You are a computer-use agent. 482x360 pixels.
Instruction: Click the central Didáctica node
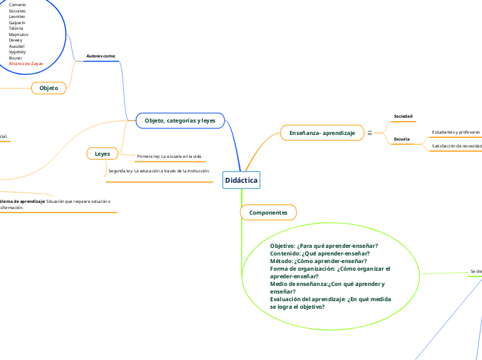point(241,180)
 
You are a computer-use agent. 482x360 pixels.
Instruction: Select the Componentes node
point(268,212)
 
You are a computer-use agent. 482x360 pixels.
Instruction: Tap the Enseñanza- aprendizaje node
point(322,132)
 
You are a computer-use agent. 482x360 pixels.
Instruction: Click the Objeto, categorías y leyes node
point(180,120)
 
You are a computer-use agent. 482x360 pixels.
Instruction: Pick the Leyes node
point(102,153)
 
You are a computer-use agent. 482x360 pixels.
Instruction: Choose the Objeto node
point(48,88)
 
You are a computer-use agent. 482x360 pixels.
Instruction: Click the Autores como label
point(101,55)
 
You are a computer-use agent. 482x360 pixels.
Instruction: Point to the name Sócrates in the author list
point(18,11)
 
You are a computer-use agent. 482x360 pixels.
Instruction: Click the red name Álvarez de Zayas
point(26,63)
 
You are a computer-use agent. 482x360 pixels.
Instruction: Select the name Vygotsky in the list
point(19,51)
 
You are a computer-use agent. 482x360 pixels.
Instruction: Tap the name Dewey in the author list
point(17,39)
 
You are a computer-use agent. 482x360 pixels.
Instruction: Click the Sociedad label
point(403,116)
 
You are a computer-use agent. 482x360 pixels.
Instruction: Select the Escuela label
point(401,139)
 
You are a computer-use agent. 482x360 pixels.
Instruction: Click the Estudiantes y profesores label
point(456,132)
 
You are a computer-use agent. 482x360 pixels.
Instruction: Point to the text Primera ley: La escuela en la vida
point(170,156)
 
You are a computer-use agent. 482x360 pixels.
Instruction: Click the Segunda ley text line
point(159,170)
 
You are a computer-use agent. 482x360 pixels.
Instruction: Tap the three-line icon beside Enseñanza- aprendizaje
point(369,132)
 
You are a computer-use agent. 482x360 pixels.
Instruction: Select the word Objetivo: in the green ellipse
point(283,246)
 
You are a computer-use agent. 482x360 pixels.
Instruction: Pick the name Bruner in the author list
point(16,57)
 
